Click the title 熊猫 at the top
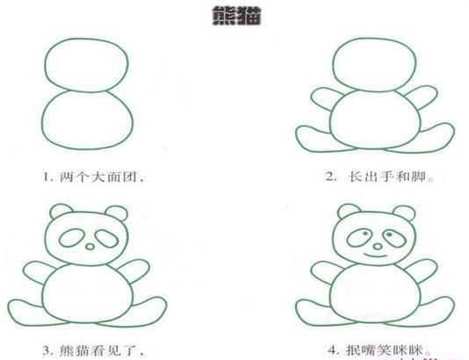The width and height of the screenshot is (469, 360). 234,16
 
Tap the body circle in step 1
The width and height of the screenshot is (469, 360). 89,122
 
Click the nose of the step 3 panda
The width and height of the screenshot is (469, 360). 89,248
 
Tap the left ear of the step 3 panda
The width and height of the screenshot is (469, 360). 61,212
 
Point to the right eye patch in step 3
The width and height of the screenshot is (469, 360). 106,237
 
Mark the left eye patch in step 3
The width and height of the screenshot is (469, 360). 71,237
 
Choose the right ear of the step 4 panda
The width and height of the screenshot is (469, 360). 404,212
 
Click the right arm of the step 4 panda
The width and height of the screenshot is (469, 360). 423,270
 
